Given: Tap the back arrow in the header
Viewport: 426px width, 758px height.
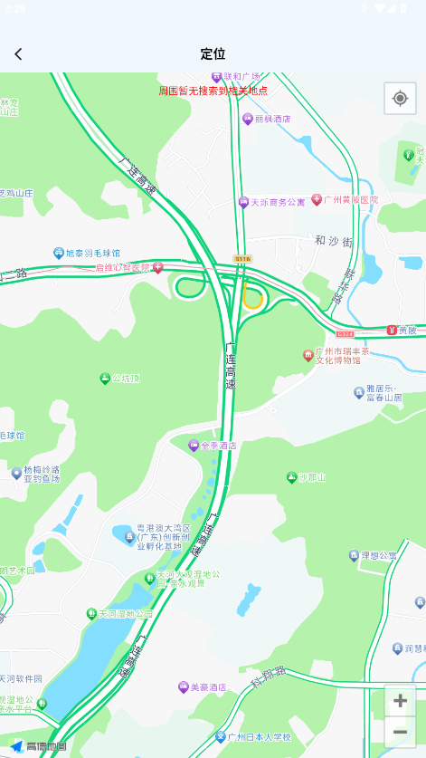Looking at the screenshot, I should pyautogui.click(x=18, y=54).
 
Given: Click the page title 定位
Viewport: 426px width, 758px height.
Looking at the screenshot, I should pyautogui.click(x=213, y=54).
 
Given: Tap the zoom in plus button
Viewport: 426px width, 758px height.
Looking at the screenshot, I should pyautogui.click(x=400, y=701).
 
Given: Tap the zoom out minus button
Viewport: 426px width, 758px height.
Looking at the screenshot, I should pyautogui.click(x=400, y=732).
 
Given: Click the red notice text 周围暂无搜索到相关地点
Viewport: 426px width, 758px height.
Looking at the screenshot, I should pyautogui.click(x=213, y=91).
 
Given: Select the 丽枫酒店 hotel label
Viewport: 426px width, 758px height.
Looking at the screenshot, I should pyautogui.click(x=271, y=119).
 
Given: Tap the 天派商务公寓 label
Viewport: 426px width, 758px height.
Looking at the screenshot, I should pyautogui.click(x=277, y=202).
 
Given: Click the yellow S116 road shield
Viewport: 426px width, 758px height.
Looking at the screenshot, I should pyautogui.click(x=241, y=259).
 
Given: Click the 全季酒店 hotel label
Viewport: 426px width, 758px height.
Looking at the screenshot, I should pyautogui.click(x=218, y=445).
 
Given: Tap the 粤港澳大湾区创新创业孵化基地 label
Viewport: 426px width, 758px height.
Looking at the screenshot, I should pyautogui.click(x=163, y=537).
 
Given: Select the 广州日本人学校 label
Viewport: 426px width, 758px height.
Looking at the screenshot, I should pyautogui.click(x=259, y=736).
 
